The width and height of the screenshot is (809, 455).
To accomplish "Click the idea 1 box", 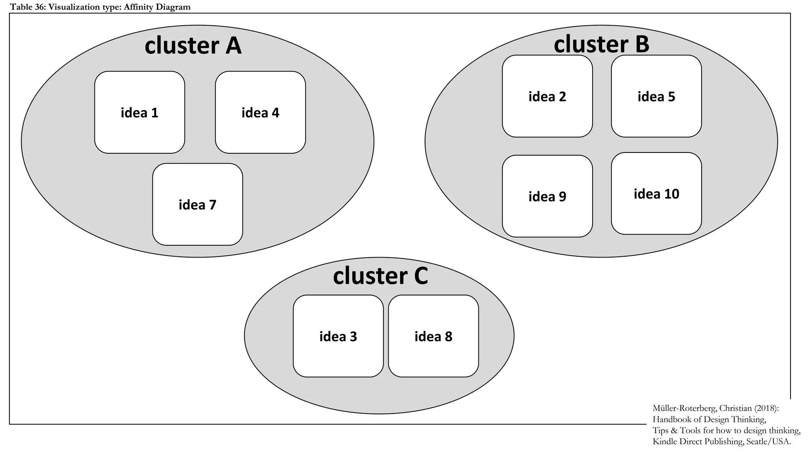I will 139,113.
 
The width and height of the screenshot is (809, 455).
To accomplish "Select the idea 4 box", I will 260,113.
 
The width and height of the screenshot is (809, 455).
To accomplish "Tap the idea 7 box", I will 198,205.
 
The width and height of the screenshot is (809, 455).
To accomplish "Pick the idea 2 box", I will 547,96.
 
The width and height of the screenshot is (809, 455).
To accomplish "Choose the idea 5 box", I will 656,96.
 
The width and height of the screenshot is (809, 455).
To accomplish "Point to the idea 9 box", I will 547,196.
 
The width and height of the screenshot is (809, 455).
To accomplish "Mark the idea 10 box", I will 656,194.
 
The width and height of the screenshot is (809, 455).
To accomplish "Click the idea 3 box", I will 338,336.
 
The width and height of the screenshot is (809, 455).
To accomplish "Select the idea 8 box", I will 433,336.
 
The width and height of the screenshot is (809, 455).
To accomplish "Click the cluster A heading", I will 193,45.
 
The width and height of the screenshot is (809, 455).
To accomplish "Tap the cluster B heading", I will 601,44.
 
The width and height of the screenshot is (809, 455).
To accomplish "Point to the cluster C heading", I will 380,276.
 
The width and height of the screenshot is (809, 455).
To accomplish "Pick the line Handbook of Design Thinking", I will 709,419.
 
